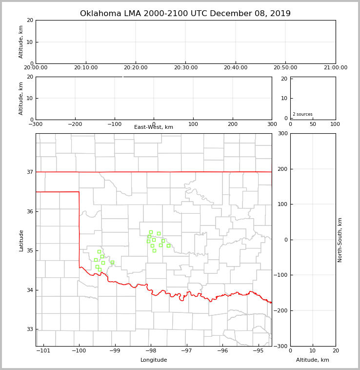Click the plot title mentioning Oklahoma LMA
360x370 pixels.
185,14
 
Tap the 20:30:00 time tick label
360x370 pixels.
186,68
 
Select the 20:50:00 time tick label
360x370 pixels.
285,68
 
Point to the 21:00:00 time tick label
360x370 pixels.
335,68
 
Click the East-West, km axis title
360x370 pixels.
154,127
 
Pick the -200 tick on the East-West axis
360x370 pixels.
75,124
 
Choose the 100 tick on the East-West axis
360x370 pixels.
193,124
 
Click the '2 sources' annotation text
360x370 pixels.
302,114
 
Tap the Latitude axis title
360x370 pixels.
21,240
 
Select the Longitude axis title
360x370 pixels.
154,360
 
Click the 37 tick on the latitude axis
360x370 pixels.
29,172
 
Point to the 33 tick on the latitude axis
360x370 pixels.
29,329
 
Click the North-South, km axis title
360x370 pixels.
340,240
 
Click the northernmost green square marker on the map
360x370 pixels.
151,232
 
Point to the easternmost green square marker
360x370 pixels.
168,246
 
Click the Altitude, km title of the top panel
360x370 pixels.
21,42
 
